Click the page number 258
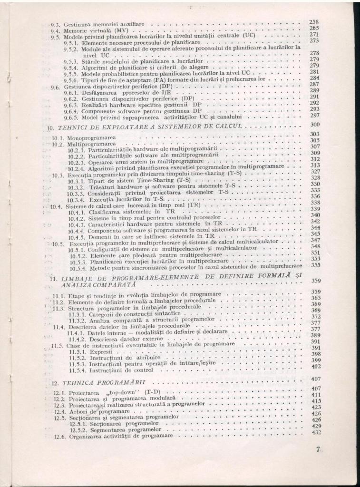click(x=314, y=22)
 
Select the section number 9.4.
click(x=57, y=29)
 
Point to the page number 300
click(x=314, y=125)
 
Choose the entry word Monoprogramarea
click(x=89, y=138)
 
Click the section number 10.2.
click(x=58, y=144)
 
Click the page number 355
click(x=315, y=265)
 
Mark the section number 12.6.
click(x=59, y=436)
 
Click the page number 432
click(x=316, y=432)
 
